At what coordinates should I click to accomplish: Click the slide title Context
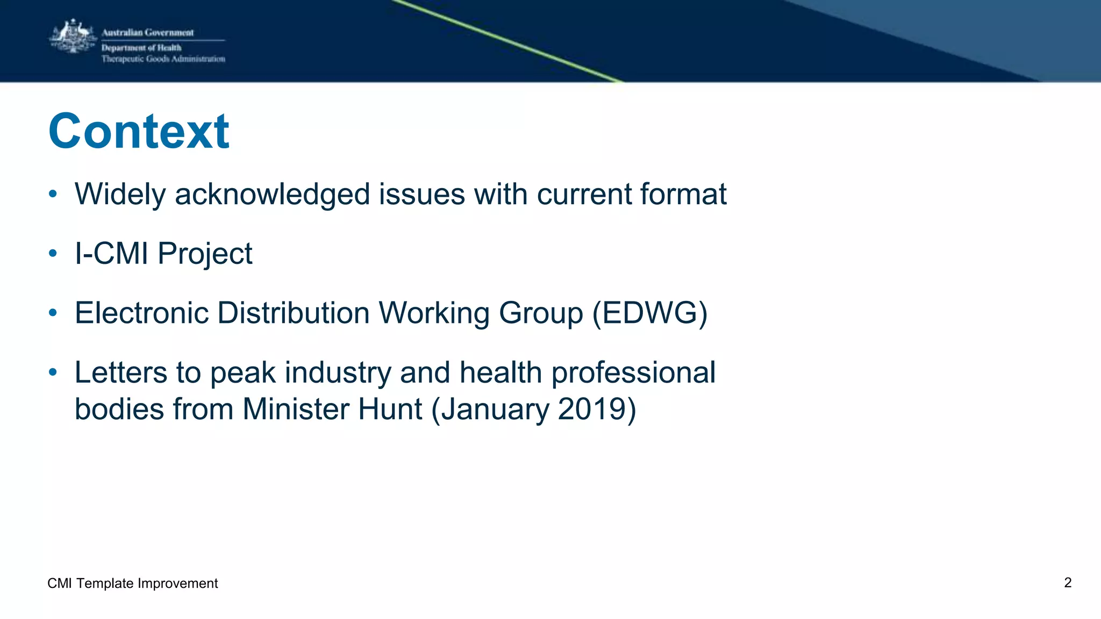139,132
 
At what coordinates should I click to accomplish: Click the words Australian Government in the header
147,33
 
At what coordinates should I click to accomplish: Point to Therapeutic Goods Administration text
163,59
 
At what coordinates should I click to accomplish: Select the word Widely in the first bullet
120,195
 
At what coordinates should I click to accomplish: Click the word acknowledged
272,195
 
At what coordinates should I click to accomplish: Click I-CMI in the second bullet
111,254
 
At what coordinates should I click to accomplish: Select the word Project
205,254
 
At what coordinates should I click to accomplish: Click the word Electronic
141,313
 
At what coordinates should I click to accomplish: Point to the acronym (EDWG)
649,313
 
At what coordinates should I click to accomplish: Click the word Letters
121,373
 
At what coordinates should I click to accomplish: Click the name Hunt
390,409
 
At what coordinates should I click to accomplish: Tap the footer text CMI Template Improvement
133,584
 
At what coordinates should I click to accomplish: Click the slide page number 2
1068,583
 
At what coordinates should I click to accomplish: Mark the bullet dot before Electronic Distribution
53,313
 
